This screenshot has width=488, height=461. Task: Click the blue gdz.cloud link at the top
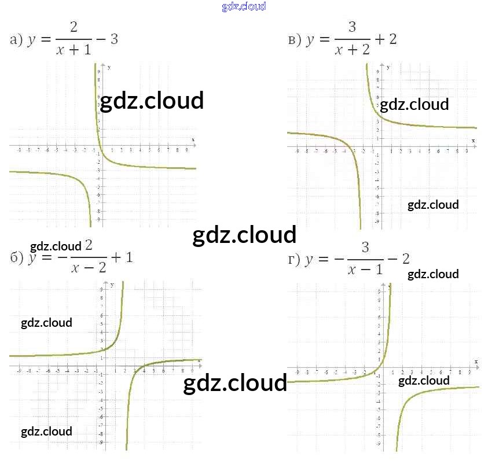244,6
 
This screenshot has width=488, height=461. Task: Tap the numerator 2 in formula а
74,27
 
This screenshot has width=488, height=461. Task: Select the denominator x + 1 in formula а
74,50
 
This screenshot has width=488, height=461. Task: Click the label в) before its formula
295,40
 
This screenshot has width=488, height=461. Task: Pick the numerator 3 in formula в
352,27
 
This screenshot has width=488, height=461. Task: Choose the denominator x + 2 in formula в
352,50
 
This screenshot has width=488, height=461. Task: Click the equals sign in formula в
324,40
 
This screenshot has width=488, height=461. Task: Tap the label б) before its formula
17,257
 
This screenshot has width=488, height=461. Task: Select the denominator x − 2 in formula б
88,268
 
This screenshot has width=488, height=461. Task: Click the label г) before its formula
295,259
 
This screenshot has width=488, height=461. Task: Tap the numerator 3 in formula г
365,248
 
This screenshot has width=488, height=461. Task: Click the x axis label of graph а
193,139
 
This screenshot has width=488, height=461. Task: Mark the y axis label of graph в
388,68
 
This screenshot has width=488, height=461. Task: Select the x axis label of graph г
476,361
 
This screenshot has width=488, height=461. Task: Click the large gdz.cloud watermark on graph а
152,101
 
